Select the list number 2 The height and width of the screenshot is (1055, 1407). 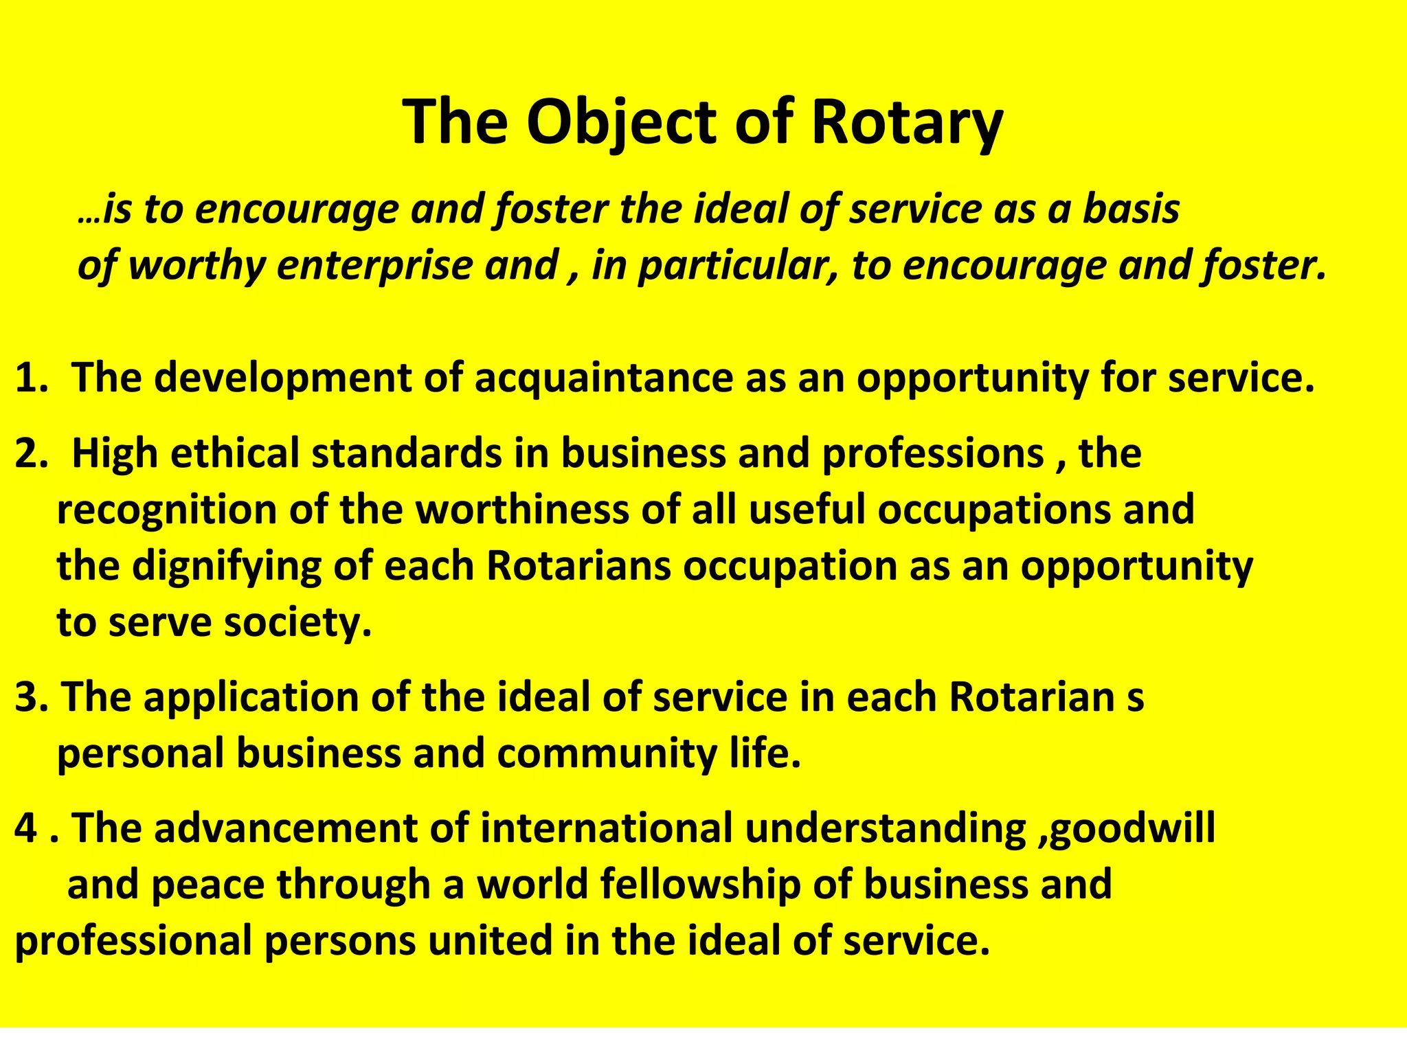[x=29, y=454]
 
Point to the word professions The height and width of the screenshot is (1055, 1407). [x=933, y=454]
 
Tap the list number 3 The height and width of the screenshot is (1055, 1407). [x=29, y=697]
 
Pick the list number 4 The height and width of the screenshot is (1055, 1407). [x=26, y=828]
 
